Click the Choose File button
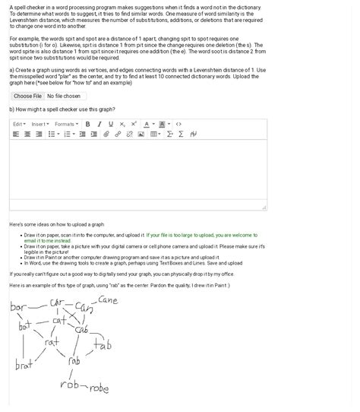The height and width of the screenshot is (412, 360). coord(27,97)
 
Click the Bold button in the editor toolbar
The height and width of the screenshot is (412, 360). coord(88,124)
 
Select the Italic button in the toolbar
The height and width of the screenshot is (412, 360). coord(99,124)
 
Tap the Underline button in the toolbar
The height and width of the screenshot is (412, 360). coord(111,124)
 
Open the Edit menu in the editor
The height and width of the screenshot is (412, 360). coord(19,124)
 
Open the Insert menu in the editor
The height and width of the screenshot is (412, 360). coord(40,124)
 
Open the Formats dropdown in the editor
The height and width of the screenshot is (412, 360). coord(66,124)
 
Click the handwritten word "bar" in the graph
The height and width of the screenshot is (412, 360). coord(18,308)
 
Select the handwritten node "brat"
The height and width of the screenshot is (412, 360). coord(24,365)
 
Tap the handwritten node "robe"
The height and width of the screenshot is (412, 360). coord(99,388)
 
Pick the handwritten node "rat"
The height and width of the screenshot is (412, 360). coord(52,343)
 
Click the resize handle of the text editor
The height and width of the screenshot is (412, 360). coord(264,207)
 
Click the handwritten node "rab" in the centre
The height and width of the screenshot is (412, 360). coord(74,362)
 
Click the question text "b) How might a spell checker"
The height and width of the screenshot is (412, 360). coord(61,109)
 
